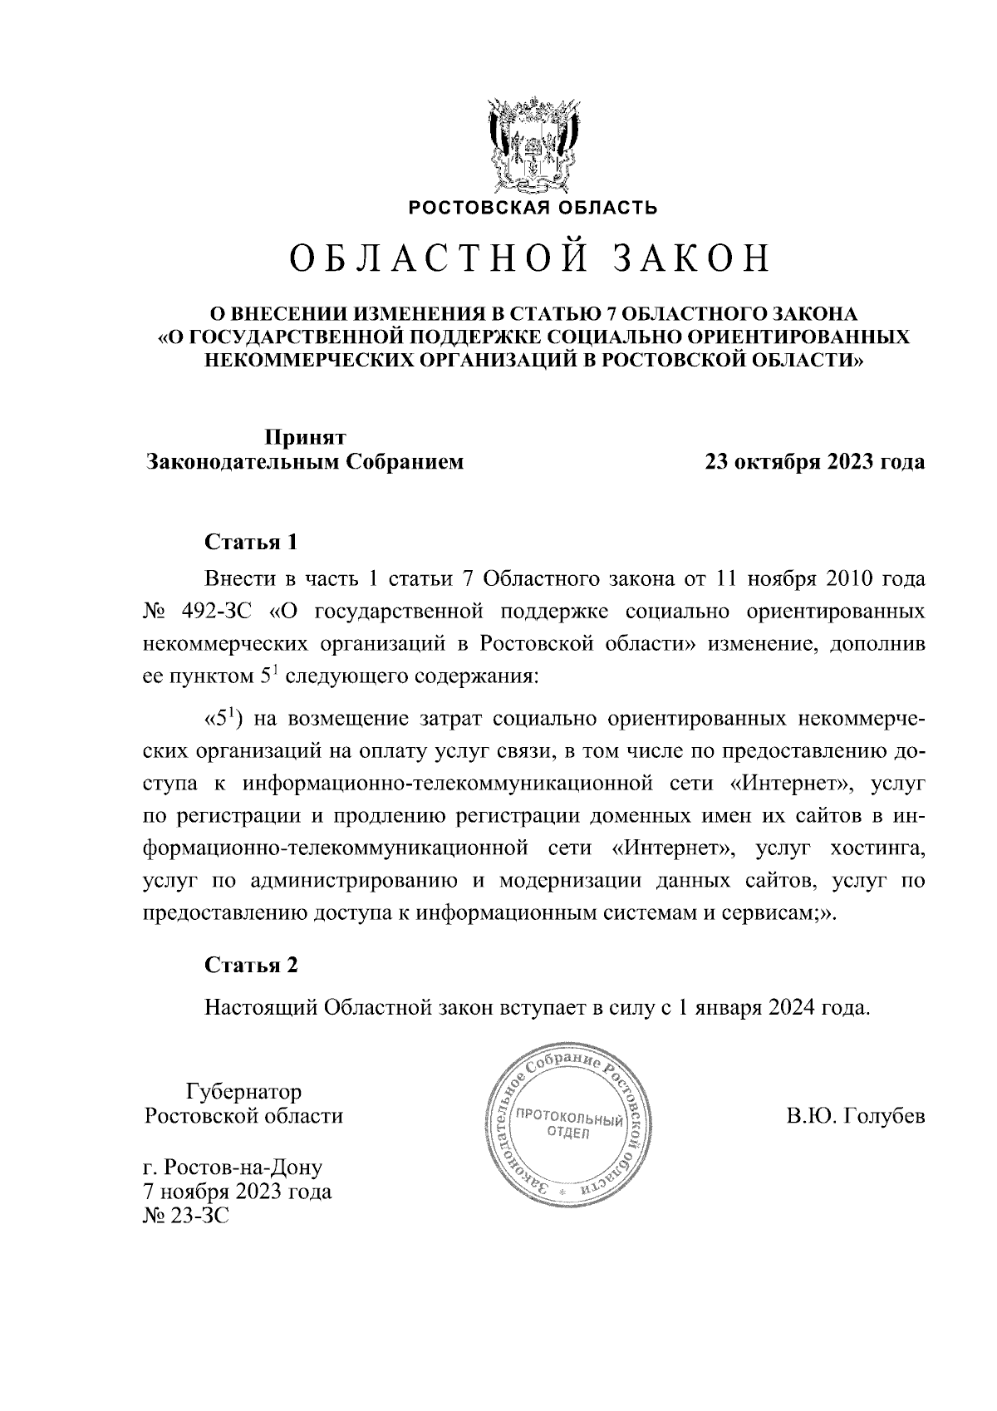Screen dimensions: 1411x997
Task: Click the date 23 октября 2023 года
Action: click(x=814, y=462)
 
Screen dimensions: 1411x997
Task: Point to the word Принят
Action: click(x=305, y=436)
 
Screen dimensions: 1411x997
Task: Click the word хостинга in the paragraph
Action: click(x=877, y=849)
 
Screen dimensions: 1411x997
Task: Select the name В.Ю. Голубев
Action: click(x=856, y=1116)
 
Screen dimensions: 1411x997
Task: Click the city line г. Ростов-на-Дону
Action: click(x=233, y=1168)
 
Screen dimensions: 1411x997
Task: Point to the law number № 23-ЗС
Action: click(x=185, y=1217)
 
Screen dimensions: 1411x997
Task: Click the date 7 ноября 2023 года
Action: click(x=238, y=1192)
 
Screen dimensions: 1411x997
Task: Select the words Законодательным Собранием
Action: click(x=305, y=462)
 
